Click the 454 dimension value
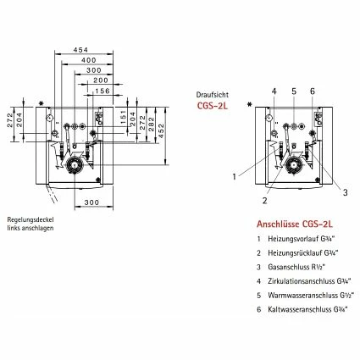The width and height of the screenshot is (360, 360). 80,50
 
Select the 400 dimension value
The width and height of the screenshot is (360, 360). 89,60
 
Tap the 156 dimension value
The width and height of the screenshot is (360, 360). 102,91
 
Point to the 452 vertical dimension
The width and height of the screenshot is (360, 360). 161,130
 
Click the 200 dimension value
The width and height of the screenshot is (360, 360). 101,80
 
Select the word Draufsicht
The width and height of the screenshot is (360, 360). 213,95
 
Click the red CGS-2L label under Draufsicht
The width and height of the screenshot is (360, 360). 213,106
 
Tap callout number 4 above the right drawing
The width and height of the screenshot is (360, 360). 274,91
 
